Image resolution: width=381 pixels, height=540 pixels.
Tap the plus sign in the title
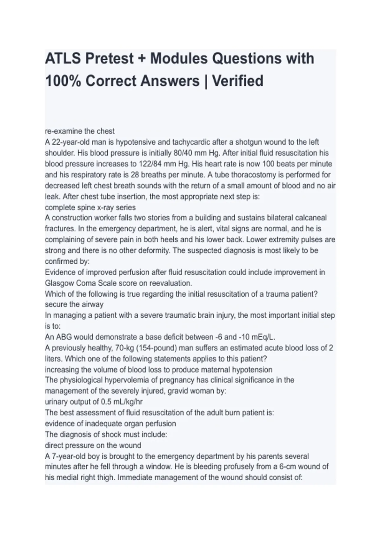point(142,59)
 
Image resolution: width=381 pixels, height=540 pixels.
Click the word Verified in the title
point(237,81)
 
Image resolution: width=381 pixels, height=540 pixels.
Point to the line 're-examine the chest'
point(80,131)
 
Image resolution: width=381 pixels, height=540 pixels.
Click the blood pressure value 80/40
point(183,153)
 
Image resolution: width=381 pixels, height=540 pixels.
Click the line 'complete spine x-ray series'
point(90,207)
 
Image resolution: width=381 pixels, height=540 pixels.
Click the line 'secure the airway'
point(74,304)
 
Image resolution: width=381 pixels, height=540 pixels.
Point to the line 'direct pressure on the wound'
point(93,445)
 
